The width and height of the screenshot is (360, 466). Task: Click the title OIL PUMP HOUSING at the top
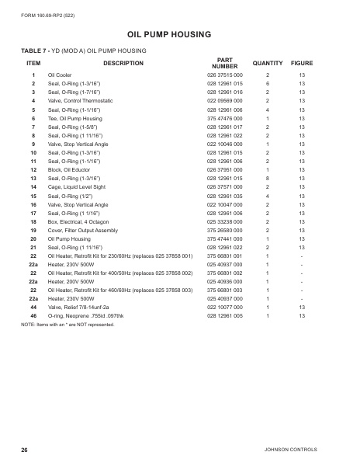180,34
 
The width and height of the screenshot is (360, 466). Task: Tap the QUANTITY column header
267,62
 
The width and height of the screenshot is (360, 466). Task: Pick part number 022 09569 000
225,100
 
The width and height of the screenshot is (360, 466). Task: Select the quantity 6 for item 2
268,83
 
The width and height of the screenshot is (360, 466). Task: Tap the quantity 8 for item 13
268,179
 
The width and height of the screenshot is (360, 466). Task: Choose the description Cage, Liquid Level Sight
78,187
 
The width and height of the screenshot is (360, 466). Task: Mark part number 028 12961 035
225,196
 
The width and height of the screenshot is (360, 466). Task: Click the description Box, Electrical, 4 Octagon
79,222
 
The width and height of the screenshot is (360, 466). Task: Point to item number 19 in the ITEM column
33,231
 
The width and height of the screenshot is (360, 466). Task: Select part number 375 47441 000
225,239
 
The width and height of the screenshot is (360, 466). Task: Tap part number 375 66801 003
225,291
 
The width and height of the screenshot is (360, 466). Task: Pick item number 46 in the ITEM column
33,317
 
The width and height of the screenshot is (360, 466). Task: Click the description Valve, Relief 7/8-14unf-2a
81,308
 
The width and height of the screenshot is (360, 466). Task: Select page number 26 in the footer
25,450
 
